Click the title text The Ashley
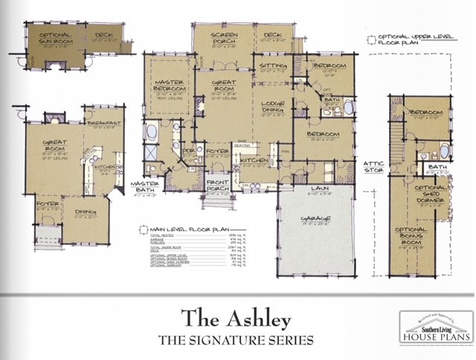pos(238,316)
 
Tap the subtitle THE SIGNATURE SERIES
pos(238,341)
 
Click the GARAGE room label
pos(318,218)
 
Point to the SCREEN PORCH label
pos(224,39)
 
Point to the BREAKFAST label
pos(103,121)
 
